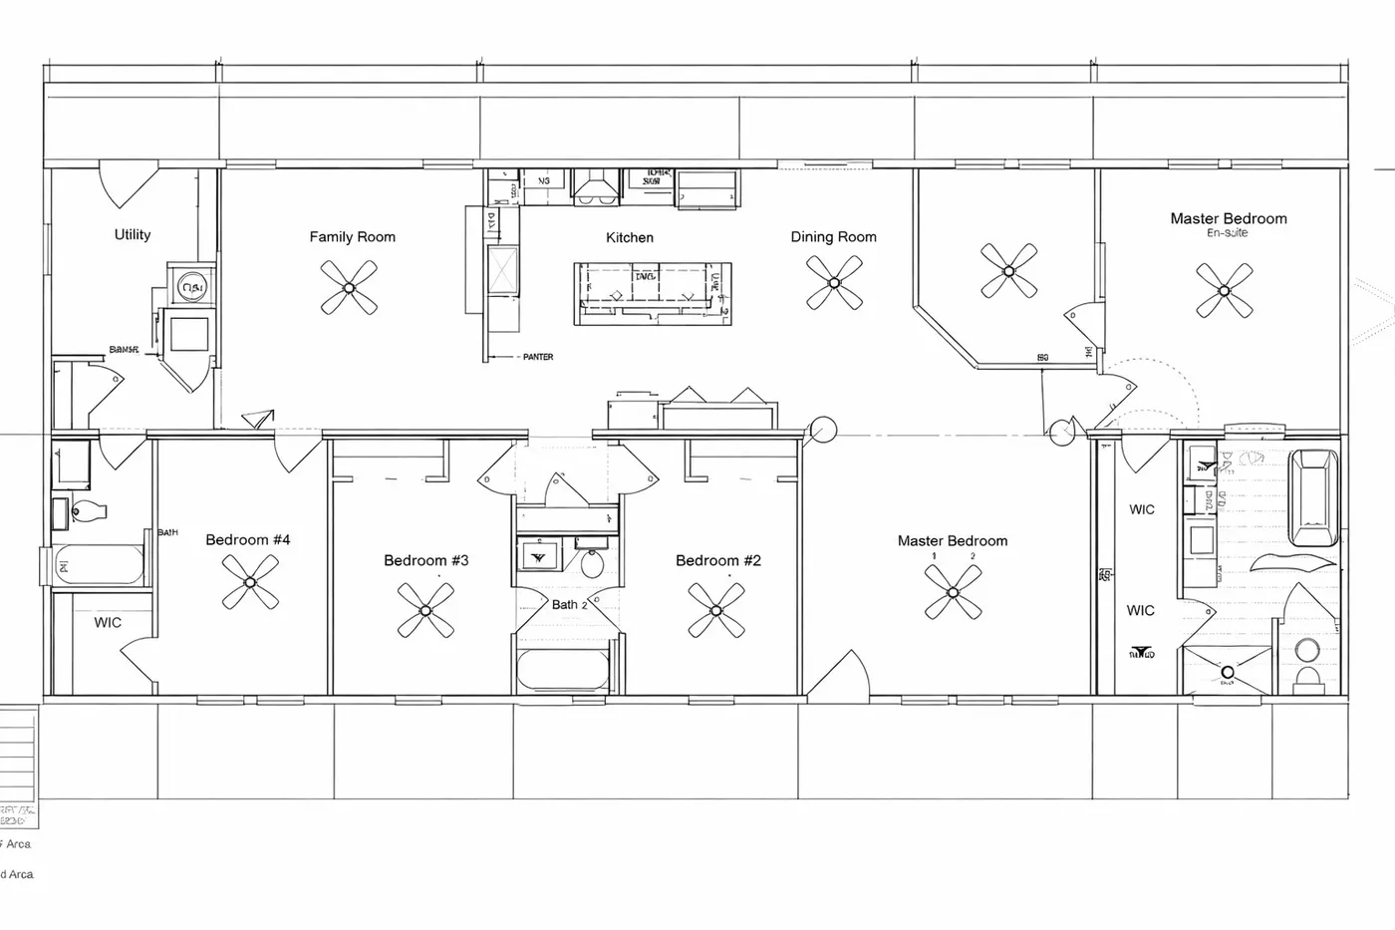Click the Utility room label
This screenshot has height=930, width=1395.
[133, 234]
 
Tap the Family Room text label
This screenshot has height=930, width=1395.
[352, 237]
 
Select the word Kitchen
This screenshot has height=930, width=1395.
[630, 237]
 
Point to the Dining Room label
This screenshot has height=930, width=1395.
[833, 237]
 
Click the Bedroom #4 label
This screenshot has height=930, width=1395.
[248, 540]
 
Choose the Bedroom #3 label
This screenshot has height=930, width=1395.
[425, 560]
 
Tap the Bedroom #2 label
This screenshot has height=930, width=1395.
[717, 560]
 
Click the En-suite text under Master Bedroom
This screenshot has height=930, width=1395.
[1227, 233]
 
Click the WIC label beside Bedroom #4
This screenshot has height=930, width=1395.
[108, 623]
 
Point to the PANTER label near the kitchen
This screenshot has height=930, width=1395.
[537, 357]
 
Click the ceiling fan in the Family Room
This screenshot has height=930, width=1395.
[349, 287]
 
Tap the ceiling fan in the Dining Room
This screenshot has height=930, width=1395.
[834, 282]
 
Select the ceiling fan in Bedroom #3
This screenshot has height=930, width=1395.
[425, 610]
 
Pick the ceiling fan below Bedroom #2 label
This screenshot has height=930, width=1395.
[715, 610]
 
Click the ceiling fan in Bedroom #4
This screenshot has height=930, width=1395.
[250, 582]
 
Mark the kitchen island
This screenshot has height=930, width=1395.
[653, 293]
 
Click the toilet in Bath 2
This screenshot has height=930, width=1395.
[592, 563]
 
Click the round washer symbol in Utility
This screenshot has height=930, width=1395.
[190, 288]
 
